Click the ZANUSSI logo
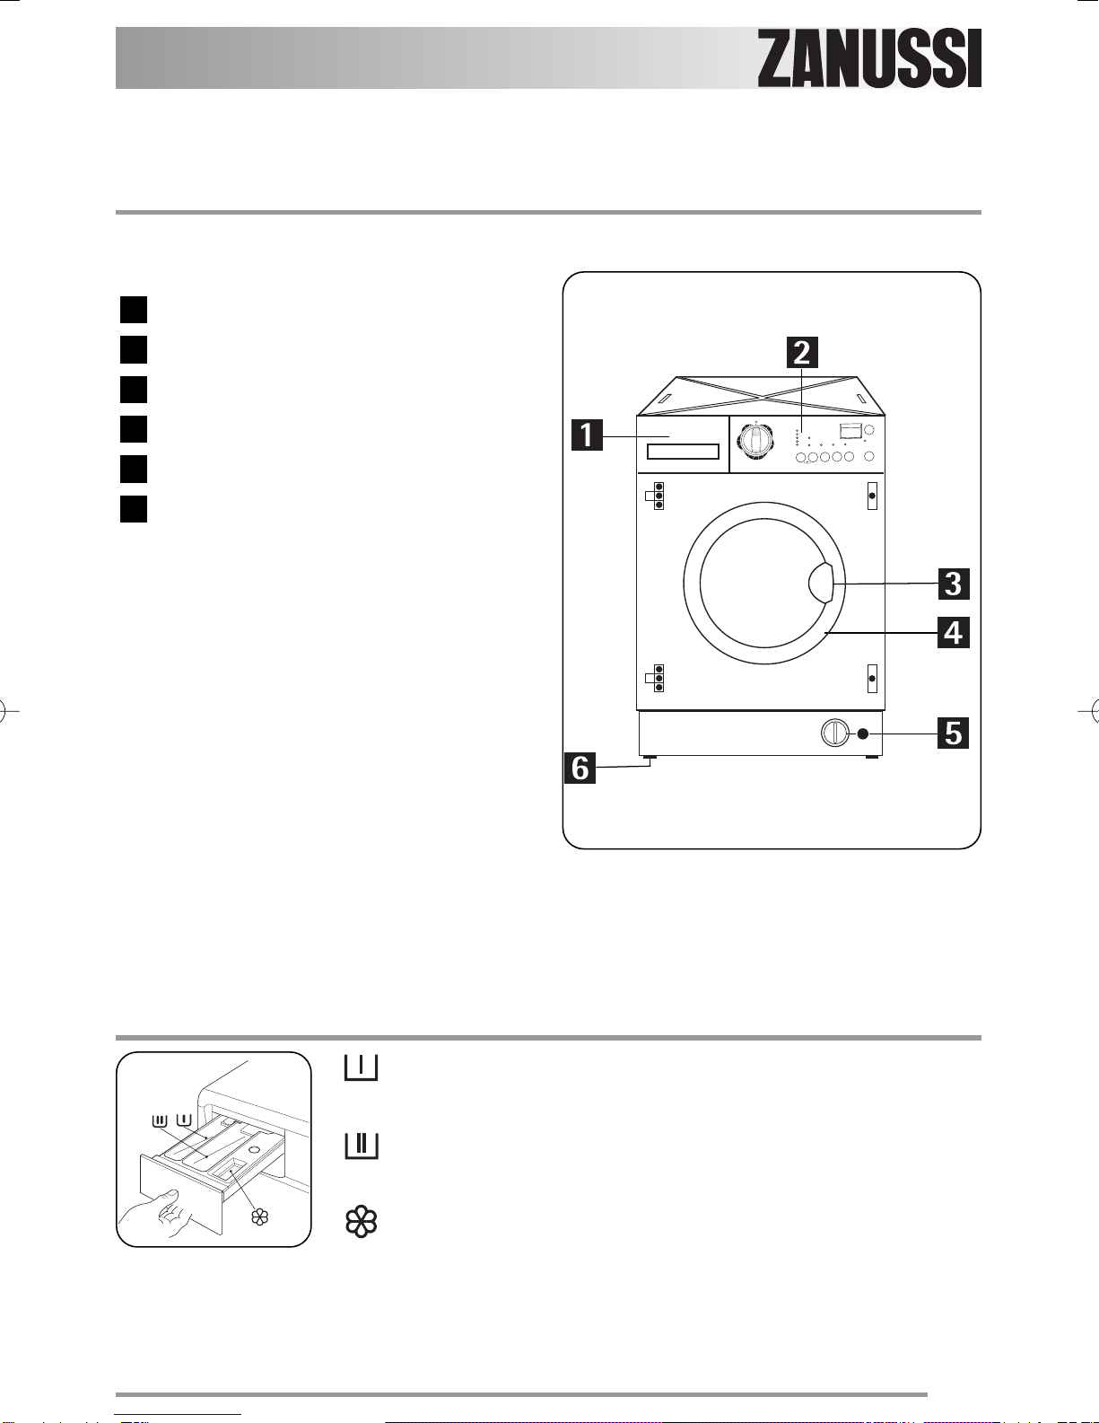tap(869, 58)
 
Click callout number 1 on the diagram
tap(587, 435)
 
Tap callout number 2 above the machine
tap(802, 352)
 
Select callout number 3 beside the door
tap(953, 584)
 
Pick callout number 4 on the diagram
tap(953, 633)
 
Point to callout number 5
tap(953, 733)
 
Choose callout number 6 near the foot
tap(580, 768)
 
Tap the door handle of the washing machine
tap(822, 582)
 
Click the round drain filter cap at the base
tap(834, 733)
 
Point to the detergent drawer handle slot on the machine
tap(683, 452)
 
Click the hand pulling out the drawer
tap(156, 1212)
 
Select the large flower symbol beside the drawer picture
tap(361, 1221)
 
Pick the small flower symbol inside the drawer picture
tap(259, 1217)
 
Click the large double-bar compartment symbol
tap(361, 1146)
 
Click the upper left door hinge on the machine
tap(655, 496)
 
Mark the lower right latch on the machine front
tap(872, 679)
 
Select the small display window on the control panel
tap(850, 431)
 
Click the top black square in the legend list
tap(134, 310)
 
